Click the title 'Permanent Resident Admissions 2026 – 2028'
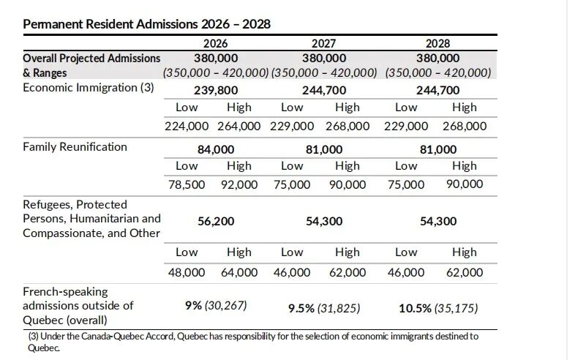pyautogui.click(x=146, y=24)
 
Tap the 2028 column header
pyautogui.click(x=437, y=43)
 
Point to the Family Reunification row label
pyautogui.click(x=75, y=146)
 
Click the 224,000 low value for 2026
pyautogui.click(x=187, y=125)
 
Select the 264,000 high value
pyautogui.click(x=238, y=125)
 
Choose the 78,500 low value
pyautogui.click(x=187, y=184)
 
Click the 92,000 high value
pyautogui.click(x=238, y=184)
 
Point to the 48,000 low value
pyautogui.click(x=187, y=272)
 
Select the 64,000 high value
pyautogui.click(x=238, y=272)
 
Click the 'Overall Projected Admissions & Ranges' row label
pyautogui.click(x=91, y=65)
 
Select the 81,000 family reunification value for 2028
pyautogui.click(x=437, y=149)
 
